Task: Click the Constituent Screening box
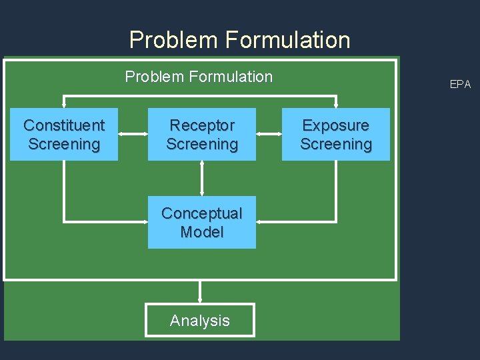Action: click(x=64, y=134)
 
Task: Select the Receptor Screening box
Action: click(x=202, y=134)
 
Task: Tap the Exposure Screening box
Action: click(x=336, y=134)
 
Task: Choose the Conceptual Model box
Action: click(x=202, y=222)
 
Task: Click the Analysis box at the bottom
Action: click(x=199, y=321)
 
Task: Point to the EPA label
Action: click(x=460, y=84)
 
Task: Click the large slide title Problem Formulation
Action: click(x=239, y=40)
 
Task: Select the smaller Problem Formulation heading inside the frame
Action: click(x=199, y=77)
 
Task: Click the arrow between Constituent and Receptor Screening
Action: click(x=133, y=134)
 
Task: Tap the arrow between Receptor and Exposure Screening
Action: click(x=269, y=134)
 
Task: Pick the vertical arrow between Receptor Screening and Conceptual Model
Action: click(x=202, y=178)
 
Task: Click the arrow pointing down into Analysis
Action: click(x=199, y=292)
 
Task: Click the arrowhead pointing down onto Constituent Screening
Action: click(x=64, y=103)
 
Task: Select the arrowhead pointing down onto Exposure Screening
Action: click(x=336, y=103)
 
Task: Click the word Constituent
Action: click(x=64, y=125)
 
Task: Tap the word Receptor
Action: click(x=202, y=125)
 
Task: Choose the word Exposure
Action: click(x=336, y=125)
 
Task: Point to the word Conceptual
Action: click(x=202, y=213)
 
